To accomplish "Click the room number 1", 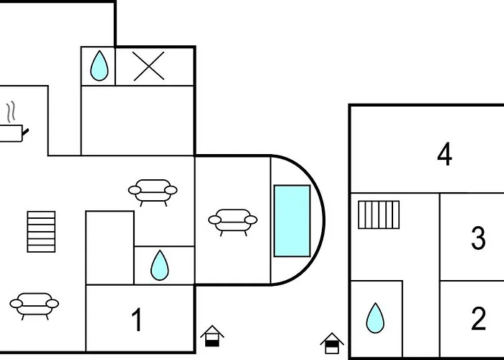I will (136, 318).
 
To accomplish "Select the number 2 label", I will (479, 318).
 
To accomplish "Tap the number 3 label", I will (479, 238).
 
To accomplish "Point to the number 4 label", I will (444, 154).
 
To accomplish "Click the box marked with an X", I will (149, 66).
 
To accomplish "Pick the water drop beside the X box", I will (99, 67).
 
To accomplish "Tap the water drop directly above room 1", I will (159, 266).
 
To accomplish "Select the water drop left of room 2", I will (374, 318).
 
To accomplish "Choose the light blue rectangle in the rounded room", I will (292, 221).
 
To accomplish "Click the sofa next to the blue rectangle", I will (233, 221).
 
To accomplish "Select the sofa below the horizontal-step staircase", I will (35, 305).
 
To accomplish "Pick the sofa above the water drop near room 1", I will (152, 192).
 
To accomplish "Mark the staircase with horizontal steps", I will (41, 232).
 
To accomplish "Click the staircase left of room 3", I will (379, 215).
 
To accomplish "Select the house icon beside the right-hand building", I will (331, 343).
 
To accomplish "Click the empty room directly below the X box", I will (137, 120).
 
